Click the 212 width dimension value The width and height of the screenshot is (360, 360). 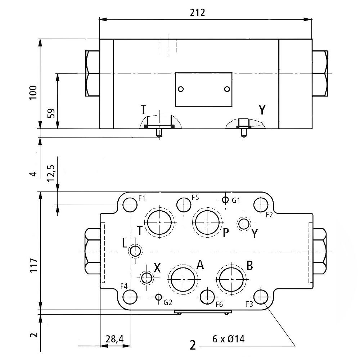[198, 13]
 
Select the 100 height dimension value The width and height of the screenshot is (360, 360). [33, 93]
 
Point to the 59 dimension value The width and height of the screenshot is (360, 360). [51, 113]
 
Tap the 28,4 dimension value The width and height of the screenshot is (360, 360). [114, 339]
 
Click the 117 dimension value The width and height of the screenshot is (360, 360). [33, 265]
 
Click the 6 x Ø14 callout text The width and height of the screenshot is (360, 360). [228, 339]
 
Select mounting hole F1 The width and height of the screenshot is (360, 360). [130, 205]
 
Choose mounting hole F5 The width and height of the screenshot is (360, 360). [184, 205]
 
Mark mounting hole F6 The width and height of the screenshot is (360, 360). [208, 297]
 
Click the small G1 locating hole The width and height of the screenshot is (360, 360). [225, 200]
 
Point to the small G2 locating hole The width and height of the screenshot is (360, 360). [158, 297]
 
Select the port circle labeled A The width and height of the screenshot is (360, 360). [184, 279]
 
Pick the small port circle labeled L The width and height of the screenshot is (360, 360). [136, 251]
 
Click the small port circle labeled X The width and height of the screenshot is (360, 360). [147, 278]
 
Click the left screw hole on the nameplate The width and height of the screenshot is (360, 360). [181, 89]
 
